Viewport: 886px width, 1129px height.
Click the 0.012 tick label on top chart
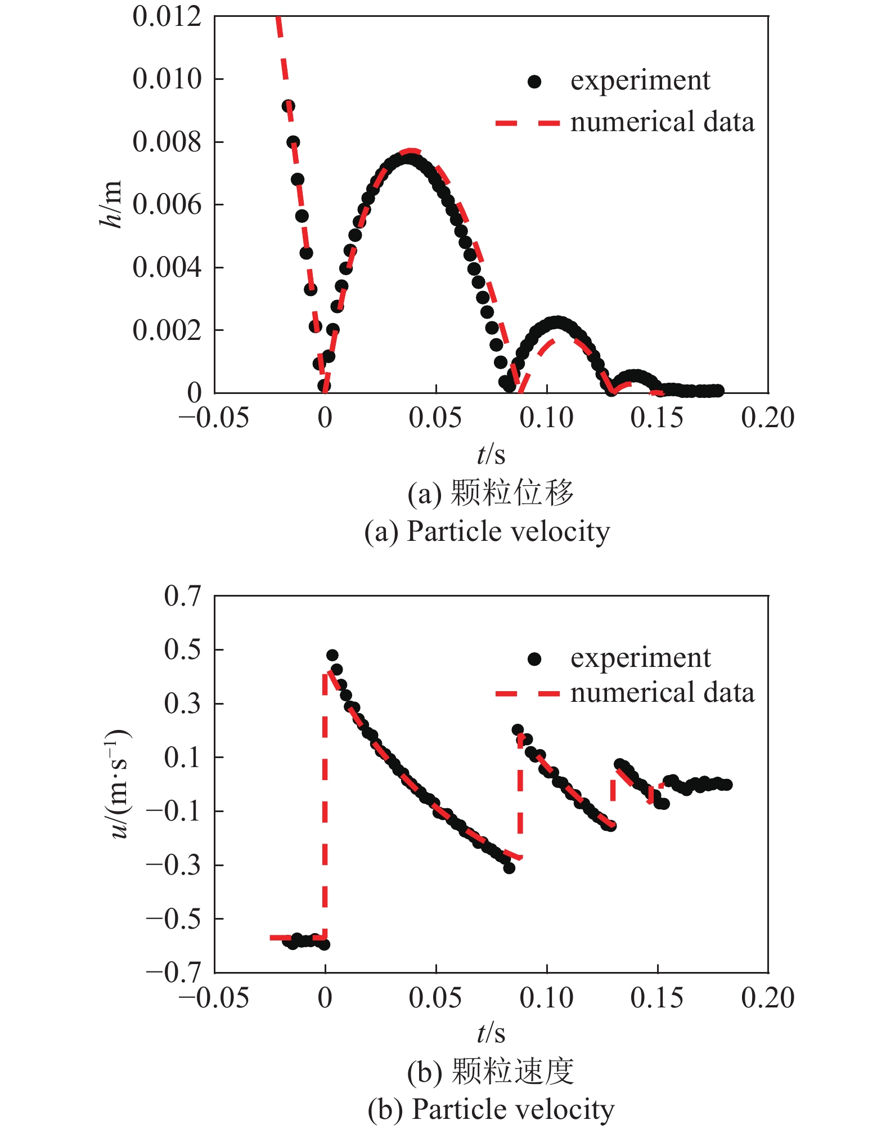[x=167, y=16]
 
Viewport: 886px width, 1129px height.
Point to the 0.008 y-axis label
[x=167, y=142]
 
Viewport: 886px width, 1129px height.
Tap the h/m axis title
[x=110, y=204]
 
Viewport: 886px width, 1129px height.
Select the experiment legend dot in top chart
[x=534, y=82]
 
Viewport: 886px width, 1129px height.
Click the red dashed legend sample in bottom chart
[x=527, y=694]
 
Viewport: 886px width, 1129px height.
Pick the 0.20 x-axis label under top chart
[x=767, y=418]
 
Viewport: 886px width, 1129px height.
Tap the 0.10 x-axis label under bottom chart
[x=546, y=998]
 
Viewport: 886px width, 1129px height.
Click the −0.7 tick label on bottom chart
[x=173, y=973]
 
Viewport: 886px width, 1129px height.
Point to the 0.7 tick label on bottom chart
[x=182, y=596]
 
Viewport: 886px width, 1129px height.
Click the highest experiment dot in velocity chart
[x=332, y=655]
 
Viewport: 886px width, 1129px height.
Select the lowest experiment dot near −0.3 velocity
[x=509, y=868]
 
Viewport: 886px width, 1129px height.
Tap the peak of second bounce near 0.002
[x=557, y=323]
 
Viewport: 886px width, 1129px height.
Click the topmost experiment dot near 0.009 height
[x=288, y=106]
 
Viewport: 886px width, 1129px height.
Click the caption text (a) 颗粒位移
[x=491, y=493]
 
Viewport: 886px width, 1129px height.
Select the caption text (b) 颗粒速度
[x=491, y=1071]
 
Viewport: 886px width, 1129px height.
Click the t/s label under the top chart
[x=491, y=454]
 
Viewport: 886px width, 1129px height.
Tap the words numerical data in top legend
[x=662, y=123]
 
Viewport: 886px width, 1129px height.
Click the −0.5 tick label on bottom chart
[x=173, y=919]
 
